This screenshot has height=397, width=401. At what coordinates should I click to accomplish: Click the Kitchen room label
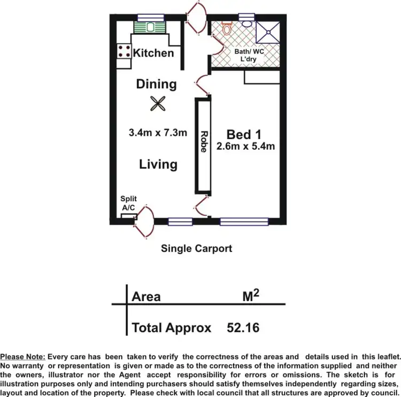click(153, 53)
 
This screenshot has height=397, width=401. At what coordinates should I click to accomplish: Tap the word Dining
click(156, 84)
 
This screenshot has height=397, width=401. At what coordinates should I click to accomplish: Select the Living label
click(158, 164)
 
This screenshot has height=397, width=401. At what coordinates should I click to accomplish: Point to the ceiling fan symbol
click(157, 103)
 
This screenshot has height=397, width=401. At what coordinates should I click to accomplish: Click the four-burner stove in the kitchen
click(124, 52)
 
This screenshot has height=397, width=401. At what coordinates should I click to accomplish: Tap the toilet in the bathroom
click(227, 28)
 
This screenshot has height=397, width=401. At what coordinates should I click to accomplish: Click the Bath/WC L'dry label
click(246, 56)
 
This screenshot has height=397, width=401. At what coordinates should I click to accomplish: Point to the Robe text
click(203, 142)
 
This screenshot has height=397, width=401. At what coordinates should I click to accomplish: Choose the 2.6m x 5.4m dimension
click(245, 146)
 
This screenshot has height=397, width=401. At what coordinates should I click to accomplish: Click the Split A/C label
click(128, 203)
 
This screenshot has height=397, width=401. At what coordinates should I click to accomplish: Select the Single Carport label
click(197, 248)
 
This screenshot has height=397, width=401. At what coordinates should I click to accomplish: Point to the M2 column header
click(250, 295)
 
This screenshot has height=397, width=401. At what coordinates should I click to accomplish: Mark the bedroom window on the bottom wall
click(244, 220)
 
